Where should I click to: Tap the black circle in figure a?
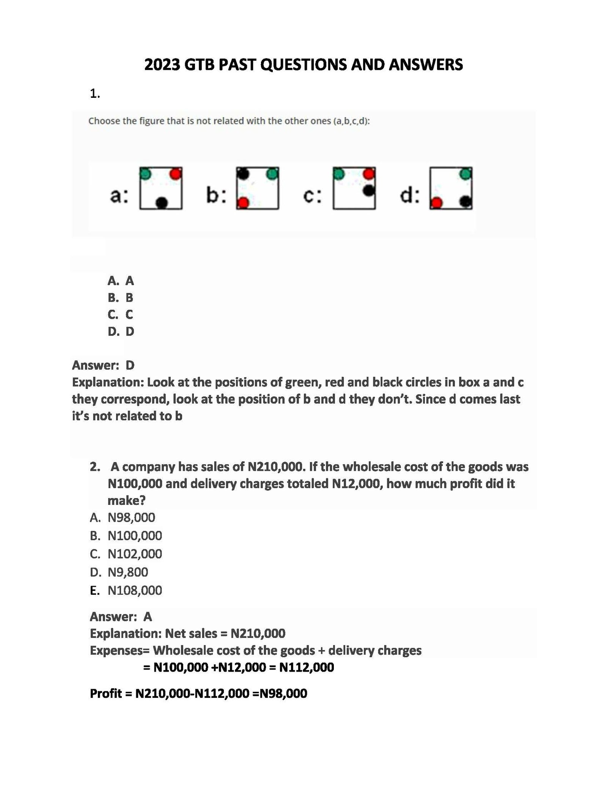tap(162, 203)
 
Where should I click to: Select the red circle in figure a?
tap(176, 174)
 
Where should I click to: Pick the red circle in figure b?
tap(243, 203)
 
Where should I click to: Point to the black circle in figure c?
tap(368, 191)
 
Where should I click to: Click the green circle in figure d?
tap(465, 174)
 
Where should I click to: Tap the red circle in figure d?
tap(437, 203)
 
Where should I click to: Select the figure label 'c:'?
tap(313, 196)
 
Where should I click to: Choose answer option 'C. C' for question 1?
tap(120, 314)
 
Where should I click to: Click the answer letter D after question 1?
tap(130, 365)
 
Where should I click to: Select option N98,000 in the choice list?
tap(131, 517)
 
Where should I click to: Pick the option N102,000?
tap(135, 554)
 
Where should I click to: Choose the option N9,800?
tap(128, 572)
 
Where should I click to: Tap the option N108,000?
tap(135, 590)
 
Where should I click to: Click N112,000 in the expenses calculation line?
tap(307, 667)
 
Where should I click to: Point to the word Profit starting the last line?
tap(106, 693)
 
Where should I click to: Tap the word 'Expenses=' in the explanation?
tap(120, 650)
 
